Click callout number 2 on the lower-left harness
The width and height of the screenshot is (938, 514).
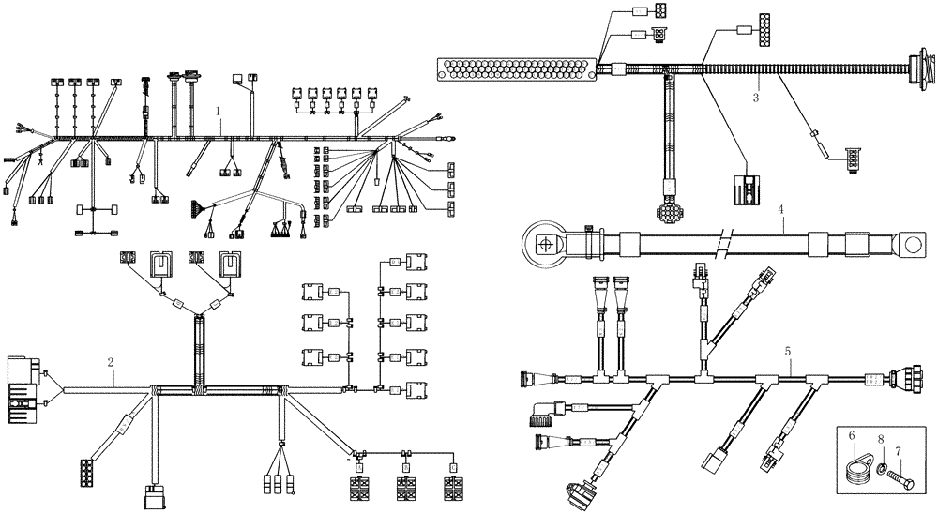111,361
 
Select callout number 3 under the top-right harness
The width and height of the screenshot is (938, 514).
755,96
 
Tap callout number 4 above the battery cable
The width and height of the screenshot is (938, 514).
780,211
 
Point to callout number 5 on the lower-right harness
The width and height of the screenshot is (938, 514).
788,351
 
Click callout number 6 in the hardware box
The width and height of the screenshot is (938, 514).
852,436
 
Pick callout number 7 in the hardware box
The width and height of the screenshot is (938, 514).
897,451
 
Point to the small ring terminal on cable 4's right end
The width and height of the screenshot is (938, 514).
909,247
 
